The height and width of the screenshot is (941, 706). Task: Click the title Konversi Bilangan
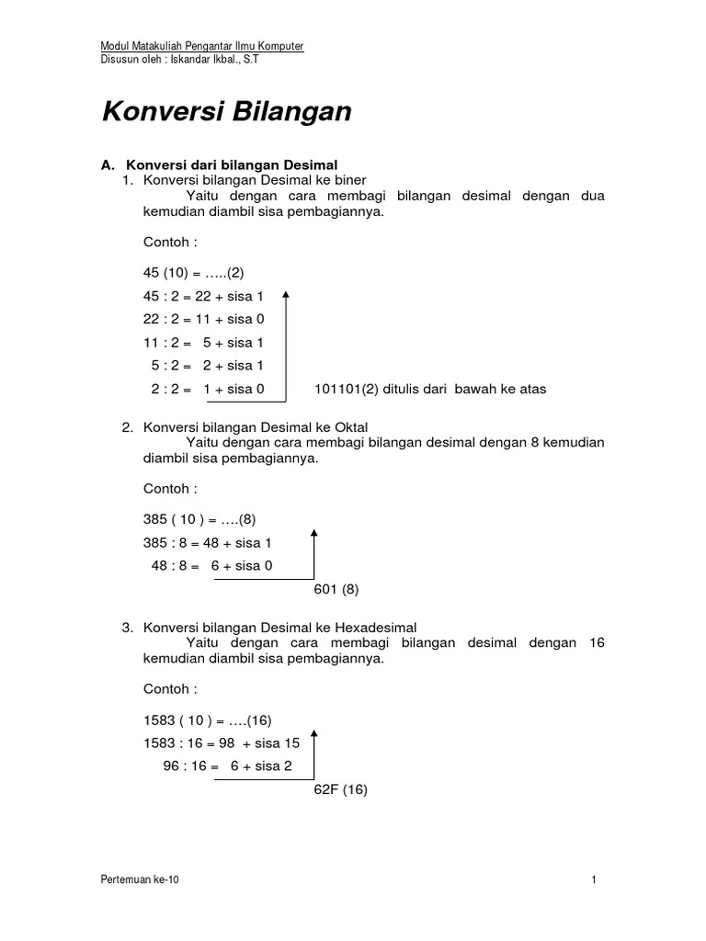point(225,112)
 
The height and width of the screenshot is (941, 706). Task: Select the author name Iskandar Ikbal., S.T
point(205,62)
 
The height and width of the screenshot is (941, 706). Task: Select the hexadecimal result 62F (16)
point(341,789)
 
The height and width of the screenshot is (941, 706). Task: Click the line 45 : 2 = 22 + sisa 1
point(203,296)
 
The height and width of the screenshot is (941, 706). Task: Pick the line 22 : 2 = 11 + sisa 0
point(203,319)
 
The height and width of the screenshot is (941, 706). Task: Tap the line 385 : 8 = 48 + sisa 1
point(208,543)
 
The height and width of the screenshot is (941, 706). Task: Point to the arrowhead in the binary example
point(287,295)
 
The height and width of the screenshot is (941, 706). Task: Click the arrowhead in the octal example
point(315,532)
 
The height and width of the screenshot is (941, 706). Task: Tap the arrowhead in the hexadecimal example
point(315,733)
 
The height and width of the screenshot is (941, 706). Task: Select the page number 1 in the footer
point(595,879)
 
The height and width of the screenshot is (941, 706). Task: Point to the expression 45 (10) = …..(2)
point(193,273)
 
